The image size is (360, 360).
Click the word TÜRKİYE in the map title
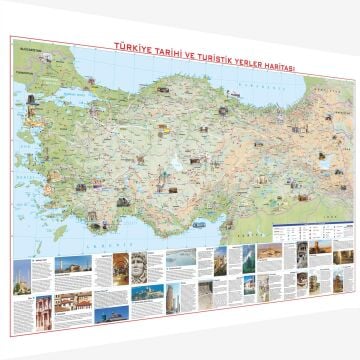coord(134,46)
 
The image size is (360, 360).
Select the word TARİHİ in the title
coord(163,47)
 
